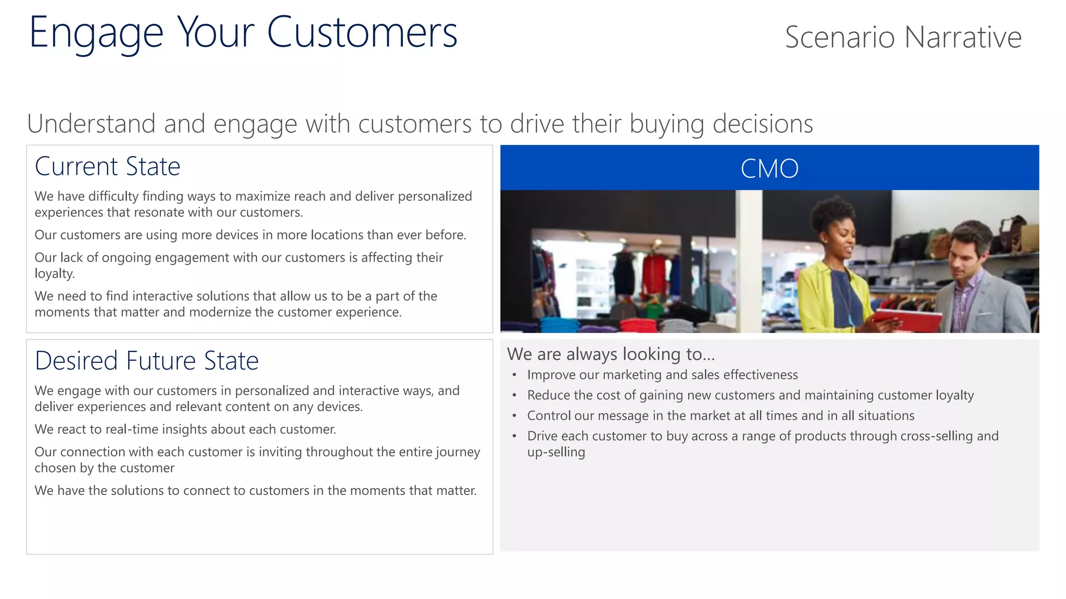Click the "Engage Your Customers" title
(243, 33)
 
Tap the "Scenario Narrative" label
(903, 37)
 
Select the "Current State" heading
(108, 167)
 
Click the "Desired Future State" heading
(147, 361)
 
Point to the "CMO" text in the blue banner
(769, 168)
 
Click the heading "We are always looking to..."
(611, 354)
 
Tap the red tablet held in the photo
(908, 319)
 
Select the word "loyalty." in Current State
(55, 274)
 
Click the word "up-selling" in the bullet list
(556, 452)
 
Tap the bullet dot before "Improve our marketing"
(514, 375)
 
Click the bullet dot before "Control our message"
(514, 416)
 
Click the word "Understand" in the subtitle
(91, 124)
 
